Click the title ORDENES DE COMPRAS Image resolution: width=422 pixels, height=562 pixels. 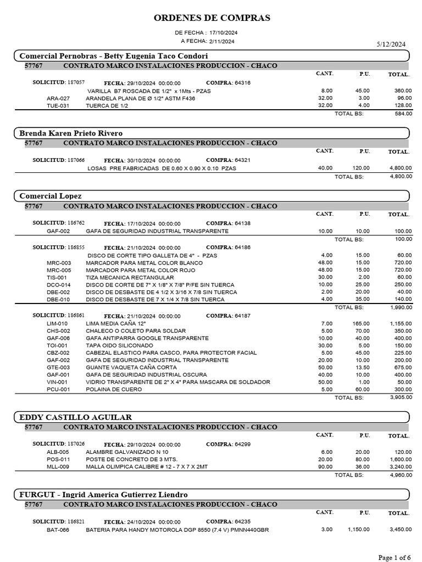pyautogui.click(x=212, y=18)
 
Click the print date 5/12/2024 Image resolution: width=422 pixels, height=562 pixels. pyautogui.click(x=391, y=44)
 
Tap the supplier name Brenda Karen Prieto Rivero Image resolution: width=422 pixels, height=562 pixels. pyautogui.click(x=71, y=133)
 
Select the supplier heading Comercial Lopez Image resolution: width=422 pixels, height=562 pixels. pyautogui.click(x=51, y=196)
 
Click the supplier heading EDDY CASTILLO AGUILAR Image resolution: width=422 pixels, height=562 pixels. pyautogui.click(x=75, y=417)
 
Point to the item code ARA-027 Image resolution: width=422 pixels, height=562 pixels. pyautogui.click(x=58, y=98)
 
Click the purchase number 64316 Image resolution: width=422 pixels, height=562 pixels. pyautogui.click(x=242, y=83)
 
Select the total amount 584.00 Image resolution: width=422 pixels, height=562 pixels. pyautogui.click(x=403, y=114)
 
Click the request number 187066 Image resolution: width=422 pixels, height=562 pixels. pyautogui.click(x=76, y=160)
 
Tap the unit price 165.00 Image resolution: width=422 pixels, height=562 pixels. pyautogui.click(x=360, y=324)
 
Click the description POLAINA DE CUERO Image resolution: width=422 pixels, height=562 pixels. pyautogui.click(x=114, y=389)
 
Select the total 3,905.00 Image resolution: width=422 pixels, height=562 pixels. pyautogui.click(x=401, y=397)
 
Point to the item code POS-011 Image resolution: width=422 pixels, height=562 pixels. pyautogui.click(x=58, y=459)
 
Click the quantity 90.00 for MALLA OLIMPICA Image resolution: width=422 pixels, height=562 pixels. pyautogui.click(x=325, y=467)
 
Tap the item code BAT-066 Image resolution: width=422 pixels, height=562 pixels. pyautogui.click(x=58, y=530)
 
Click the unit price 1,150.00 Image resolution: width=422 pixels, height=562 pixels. pyautogui.click(x=358, y=530)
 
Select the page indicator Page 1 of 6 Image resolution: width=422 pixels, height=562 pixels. pyautogui.click(x=395, y=558)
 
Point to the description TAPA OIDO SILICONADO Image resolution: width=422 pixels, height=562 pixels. pyautogui.click(x=120, y=346)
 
